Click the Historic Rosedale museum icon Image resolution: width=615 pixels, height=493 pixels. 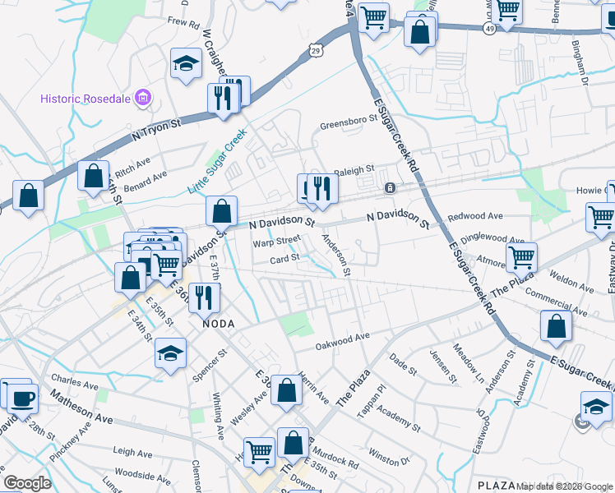pyautogui.click(x=143, y=99)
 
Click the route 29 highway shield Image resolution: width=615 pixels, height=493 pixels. pyautogui.click(x=317, y=51)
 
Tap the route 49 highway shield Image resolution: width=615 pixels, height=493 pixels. pyautogui.click(x=489, y=28)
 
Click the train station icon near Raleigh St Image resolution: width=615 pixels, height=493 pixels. pyautogui.click(x=390, y=188)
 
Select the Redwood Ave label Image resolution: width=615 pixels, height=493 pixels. pyautogui.click(x=475, y=216)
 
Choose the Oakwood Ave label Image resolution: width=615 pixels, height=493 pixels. pyautogui.click(x=343, y=338)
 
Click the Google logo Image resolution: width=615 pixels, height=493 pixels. pyautogui.click(x=27, y=482)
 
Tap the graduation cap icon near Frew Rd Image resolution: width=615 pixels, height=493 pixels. pyautogui.click(x=187, y=62)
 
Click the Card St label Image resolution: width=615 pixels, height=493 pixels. pyautogui.click(x=284, y=258)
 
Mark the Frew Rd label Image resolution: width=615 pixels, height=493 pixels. pyautogui.click(x=183, y=23)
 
